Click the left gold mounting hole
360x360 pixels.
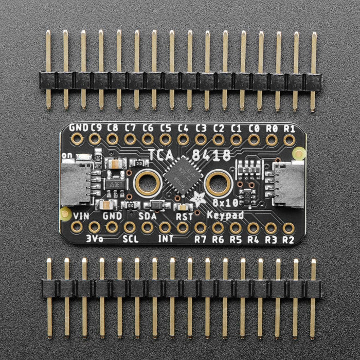coord(147,183)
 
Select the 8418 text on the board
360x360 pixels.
coord(212,154)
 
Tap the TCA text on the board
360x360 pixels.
coord(161,154)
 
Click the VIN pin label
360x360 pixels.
coord(82,215)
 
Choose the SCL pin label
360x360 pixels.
coord(130,239)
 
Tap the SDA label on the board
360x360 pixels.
coord(147,216)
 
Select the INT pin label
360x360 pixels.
coord(165,239)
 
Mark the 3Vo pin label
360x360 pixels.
coord(95,239)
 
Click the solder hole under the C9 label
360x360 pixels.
coord(95,139)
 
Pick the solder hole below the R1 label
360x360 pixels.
coord(289,139)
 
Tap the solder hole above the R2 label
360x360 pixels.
coord(289,227)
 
